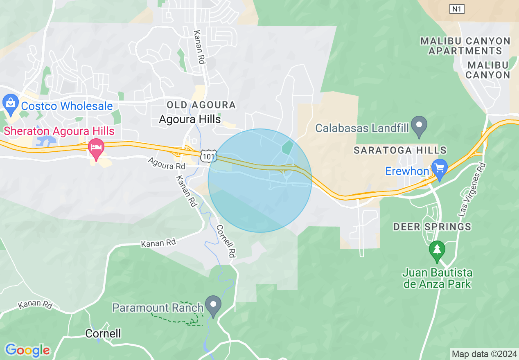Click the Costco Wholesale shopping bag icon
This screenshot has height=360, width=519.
[10, 105]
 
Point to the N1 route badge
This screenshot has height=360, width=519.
[457, 9]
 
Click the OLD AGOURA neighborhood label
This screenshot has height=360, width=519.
[201, 105]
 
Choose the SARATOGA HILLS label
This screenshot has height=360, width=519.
[400, 150]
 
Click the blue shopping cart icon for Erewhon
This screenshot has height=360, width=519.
[440, 169]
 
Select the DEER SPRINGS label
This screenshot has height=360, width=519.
[432, 226]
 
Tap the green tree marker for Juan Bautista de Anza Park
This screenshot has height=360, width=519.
[437, 251]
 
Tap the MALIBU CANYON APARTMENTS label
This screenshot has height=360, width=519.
[465, 46]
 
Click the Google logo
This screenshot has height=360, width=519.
[27, 350]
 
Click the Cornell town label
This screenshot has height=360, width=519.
[103, 333]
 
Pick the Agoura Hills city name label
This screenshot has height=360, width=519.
[190, 119]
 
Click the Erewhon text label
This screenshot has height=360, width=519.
[407, 171]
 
